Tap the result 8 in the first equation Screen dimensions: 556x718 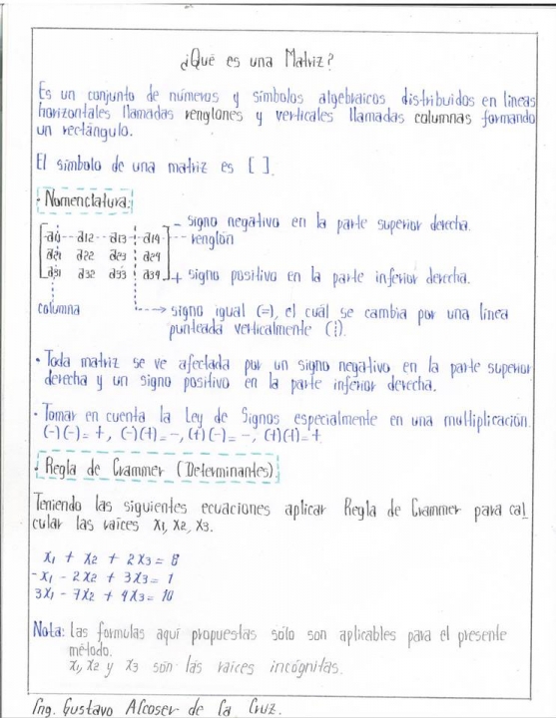pos(173,560)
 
